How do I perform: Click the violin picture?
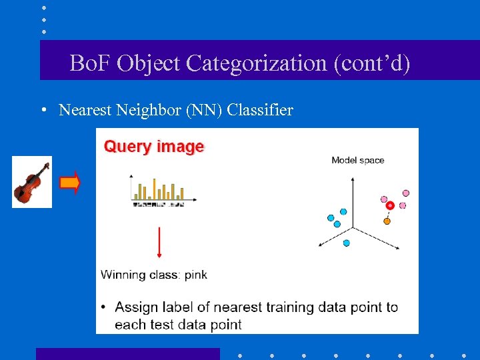32,181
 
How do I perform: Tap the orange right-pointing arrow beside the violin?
70,182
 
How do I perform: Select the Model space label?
358,160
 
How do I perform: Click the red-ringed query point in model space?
390,205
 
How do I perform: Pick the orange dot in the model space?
387,221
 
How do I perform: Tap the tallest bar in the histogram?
154,189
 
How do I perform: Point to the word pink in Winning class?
195,274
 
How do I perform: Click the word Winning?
122,274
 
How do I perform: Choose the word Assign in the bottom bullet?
135,307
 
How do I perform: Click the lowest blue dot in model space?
346,243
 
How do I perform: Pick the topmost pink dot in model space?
406,193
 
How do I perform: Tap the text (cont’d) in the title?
376,63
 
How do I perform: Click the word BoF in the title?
91,63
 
